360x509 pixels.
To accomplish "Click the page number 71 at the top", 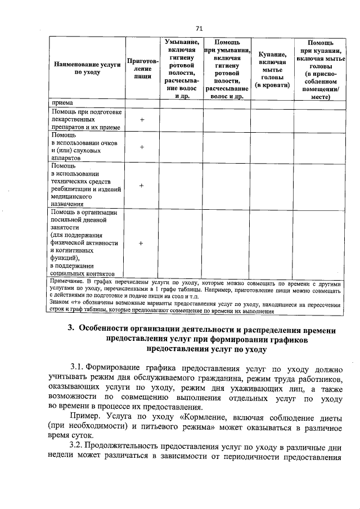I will [199, 28].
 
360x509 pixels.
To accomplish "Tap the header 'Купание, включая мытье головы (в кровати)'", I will [272, 69].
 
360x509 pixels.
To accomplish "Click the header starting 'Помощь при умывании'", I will [227, 69].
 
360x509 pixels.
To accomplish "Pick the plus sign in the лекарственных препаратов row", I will [142, 120].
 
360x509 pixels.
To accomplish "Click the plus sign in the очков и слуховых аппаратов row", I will [142, 147].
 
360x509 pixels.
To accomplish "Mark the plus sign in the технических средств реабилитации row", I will [142, 185].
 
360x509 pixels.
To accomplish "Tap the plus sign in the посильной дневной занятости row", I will [141, 242].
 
